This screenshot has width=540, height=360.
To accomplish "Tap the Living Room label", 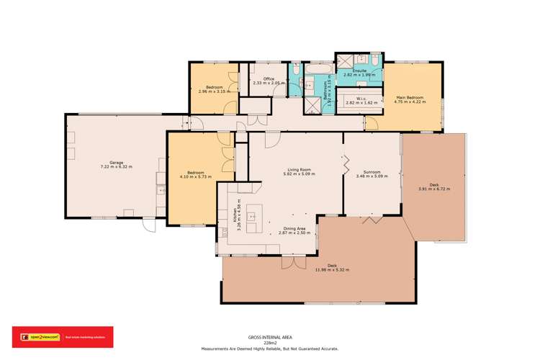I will (x=299, y=170).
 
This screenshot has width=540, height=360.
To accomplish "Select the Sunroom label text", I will (x=372, y=171).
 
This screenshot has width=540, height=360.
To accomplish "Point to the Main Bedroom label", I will (x=410, y=98).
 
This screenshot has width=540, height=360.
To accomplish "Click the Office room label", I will (x=269, y=79).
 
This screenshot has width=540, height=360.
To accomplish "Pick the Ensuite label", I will (x=359, y=71).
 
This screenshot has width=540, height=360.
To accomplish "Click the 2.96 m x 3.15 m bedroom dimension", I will (x=213, y=91).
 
